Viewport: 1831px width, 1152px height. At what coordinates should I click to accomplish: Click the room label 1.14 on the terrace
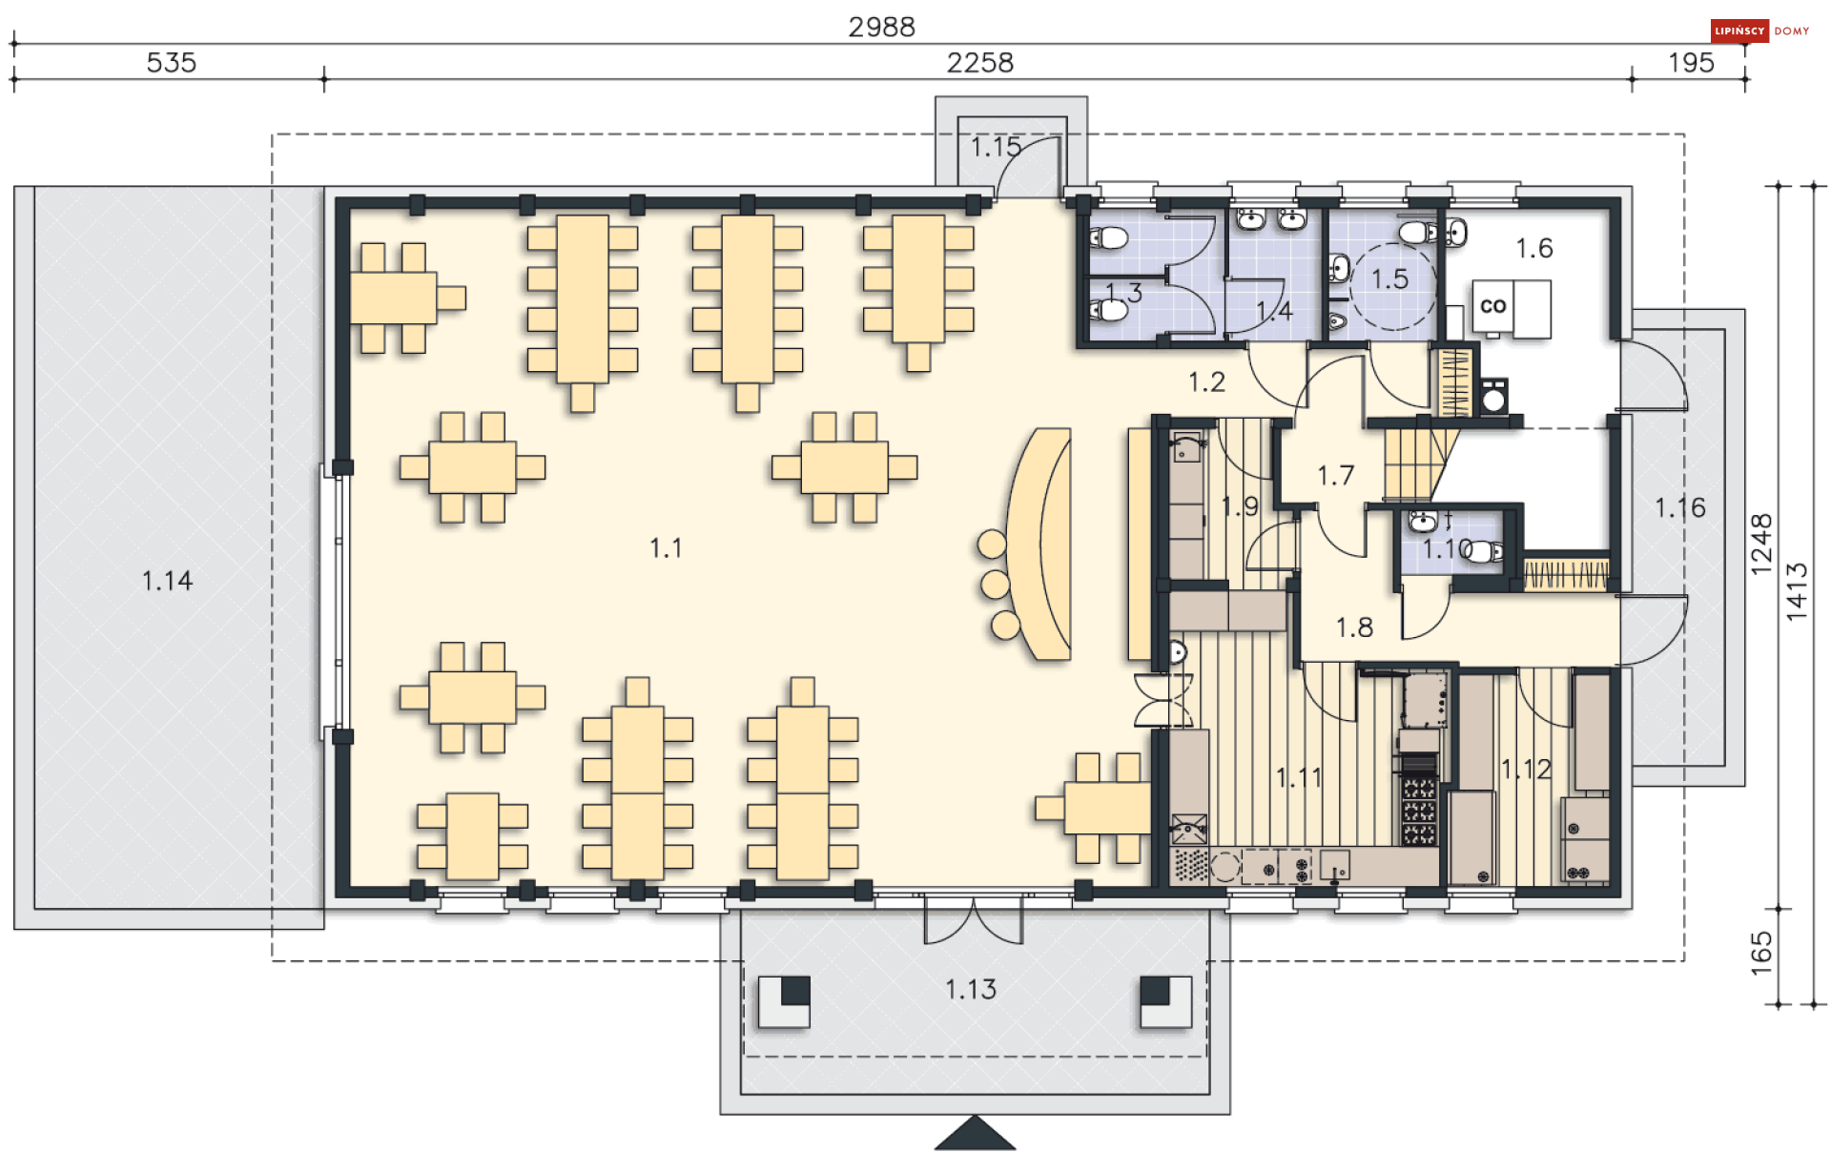point(167,580)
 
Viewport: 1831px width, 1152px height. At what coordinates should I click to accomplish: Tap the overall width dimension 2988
point(881,27)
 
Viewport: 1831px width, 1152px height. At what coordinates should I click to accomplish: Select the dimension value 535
point(172,62)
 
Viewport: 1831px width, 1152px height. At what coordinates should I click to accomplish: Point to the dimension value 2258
point(979,62)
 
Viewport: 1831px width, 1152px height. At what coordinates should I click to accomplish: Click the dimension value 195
point(1691,62)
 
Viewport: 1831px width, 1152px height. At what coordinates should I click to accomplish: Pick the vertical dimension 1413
point(1797,592)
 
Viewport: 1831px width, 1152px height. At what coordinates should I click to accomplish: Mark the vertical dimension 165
point(1761,954)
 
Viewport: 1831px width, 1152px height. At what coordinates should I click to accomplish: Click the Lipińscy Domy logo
point(1760,31)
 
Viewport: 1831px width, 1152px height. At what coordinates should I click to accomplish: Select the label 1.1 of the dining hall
point(666,547)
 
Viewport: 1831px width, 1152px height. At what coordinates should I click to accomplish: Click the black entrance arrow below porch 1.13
point(975,1133)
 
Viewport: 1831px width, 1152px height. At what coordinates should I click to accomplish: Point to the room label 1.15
point(996,147)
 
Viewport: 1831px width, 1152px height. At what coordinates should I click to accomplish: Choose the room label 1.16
point(1679,507)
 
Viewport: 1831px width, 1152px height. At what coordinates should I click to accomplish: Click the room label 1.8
point(1354,627)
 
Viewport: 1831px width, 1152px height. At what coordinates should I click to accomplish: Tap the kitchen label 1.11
point(1299,777)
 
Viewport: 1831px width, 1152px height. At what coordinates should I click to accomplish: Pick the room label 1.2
point(1206,381)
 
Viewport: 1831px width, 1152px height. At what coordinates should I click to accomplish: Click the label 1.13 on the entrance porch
point(970,989)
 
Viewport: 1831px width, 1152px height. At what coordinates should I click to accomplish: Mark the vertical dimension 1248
point(1761,545)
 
